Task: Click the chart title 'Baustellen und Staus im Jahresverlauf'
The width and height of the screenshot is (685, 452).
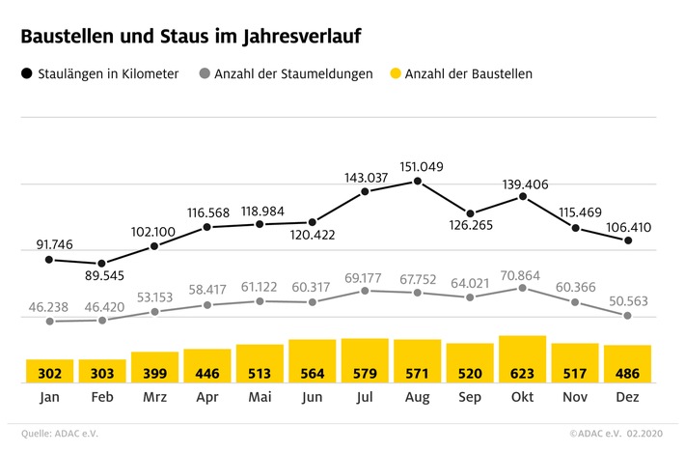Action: [193, 38]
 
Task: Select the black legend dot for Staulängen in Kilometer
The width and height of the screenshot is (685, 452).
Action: [26, 73]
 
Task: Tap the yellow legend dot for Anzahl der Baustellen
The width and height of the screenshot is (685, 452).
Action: [394, 73]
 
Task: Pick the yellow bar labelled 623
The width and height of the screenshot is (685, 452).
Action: [523, 359]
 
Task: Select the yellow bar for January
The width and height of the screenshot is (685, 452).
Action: [49, 371]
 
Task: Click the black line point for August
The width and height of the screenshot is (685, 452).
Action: [417, 181]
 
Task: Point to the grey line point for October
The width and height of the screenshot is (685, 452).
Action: [523, 288]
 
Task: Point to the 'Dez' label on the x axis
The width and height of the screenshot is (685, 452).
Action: [628, 397]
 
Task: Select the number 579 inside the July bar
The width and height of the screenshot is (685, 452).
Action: [364, 373]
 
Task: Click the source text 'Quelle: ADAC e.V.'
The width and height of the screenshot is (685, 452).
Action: [60, 434]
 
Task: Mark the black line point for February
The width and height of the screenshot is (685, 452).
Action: [102, 263]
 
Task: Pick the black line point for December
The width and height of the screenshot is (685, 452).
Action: [628, 240]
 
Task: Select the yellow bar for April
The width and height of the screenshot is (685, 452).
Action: [207, 366]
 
